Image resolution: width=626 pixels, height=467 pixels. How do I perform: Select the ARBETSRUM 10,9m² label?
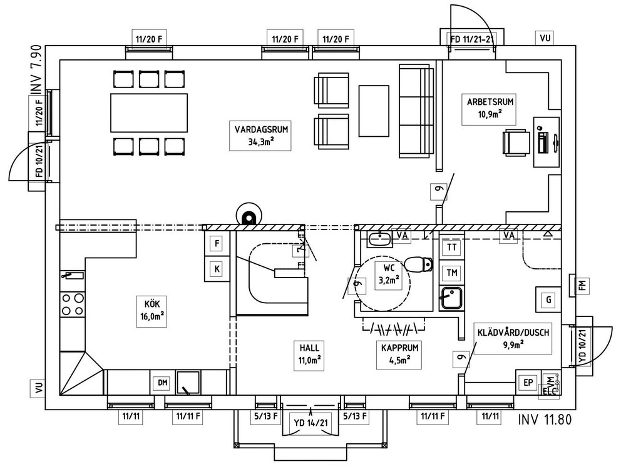click(483, 107)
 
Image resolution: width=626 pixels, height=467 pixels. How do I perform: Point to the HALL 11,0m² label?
click(310, 353)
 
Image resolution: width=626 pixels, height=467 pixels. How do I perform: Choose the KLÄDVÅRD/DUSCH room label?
click(513, 338)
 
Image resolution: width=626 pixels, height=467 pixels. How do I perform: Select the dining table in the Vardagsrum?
click(149, 113)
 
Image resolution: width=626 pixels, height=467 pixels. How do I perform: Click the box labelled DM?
click(162, 383)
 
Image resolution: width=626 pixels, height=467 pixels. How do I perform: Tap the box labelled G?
click(548, 300)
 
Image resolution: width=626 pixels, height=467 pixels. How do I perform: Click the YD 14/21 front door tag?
click(310, 423)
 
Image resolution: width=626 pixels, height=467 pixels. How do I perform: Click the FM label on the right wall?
click(583, 285)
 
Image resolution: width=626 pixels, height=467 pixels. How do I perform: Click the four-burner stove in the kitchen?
click(72, 304)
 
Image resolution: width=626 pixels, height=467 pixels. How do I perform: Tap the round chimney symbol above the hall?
click(249, 217)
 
